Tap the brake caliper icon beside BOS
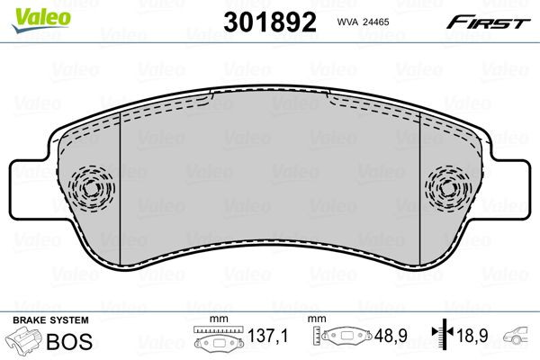pos(27,341)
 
